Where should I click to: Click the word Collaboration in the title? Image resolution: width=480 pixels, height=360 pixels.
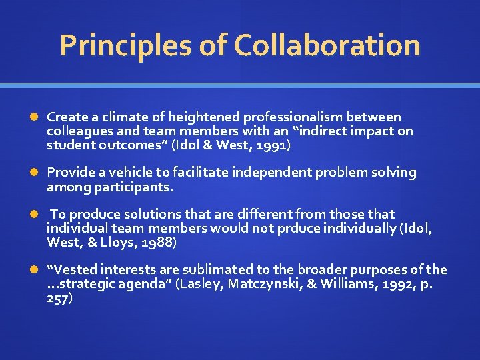pos(327,46)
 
